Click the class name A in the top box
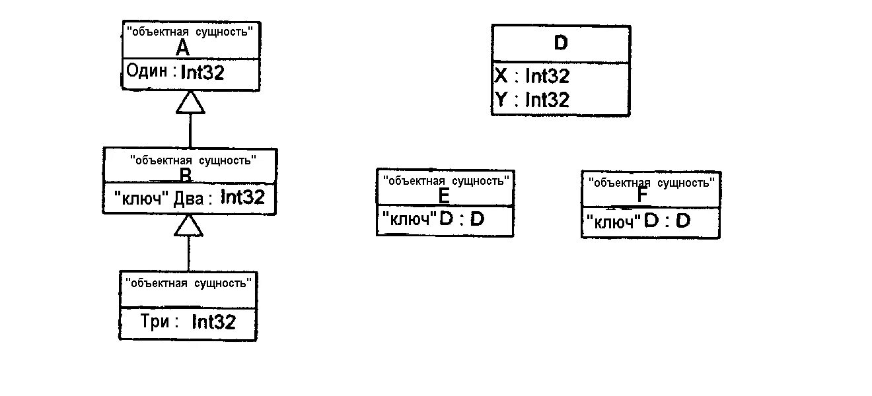(x=183, y=48)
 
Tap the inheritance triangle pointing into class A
(x=190, y=102)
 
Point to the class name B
(x=186, y=175)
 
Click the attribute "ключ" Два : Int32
(x=189, y=197)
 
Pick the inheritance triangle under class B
(x=189, y=226)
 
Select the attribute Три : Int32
(x=188, y=322)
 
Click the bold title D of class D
(x=560, y=44)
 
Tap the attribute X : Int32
(x=532, y=76)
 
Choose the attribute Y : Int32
(x=532, y=100)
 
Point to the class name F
(x=642, y=197)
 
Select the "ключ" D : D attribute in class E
(x=432, y=219)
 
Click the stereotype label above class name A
(x=190, y=31)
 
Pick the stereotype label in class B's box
(x=193, y=159)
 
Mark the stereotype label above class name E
(x=447, y=180)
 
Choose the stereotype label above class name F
(x=651, y=182)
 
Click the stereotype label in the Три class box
(x=189, y=283)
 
